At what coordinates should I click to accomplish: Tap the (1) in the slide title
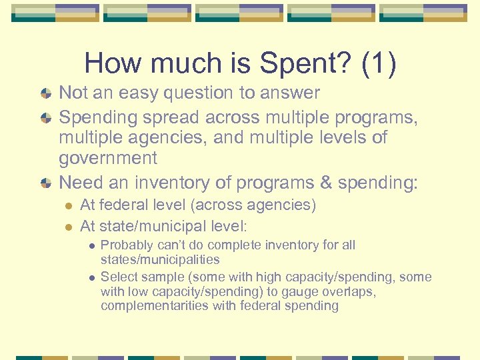coord(378,64)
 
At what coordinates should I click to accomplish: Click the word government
coord(108,159)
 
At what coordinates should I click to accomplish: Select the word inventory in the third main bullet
coord(175,182)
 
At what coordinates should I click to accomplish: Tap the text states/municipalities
coord(160,259)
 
